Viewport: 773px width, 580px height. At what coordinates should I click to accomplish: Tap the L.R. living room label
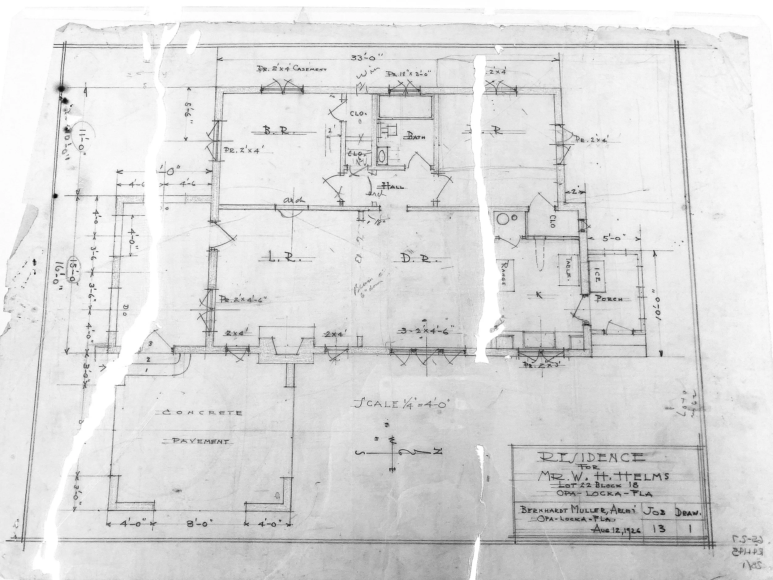click(281, 259)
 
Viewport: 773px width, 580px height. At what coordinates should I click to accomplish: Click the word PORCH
click(609, 299)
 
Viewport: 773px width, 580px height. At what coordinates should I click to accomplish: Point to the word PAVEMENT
click(201, 441)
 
